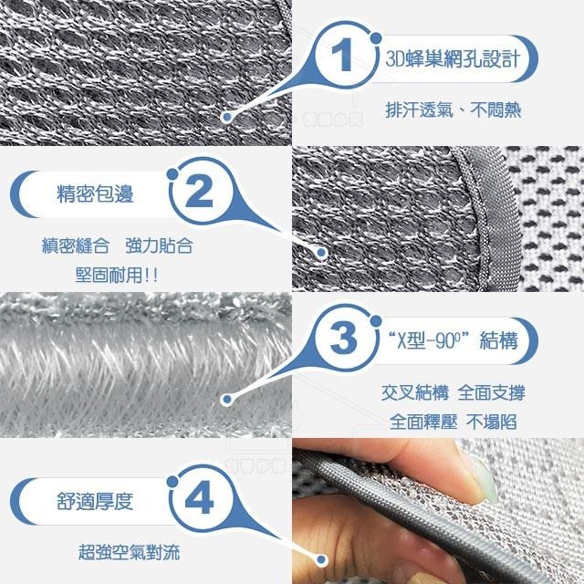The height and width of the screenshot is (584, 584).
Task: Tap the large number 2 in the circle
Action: (x=198, y=193)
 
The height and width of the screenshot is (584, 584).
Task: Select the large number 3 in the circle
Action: (x=341, y=340)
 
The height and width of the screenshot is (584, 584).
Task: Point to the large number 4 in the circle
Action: (x=198, y=501)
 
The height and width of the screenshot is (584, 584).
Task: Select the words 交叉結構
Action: (x=414, y=395)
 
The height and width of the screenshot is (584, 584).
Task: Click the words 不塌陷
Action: (x=493, y=422)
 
